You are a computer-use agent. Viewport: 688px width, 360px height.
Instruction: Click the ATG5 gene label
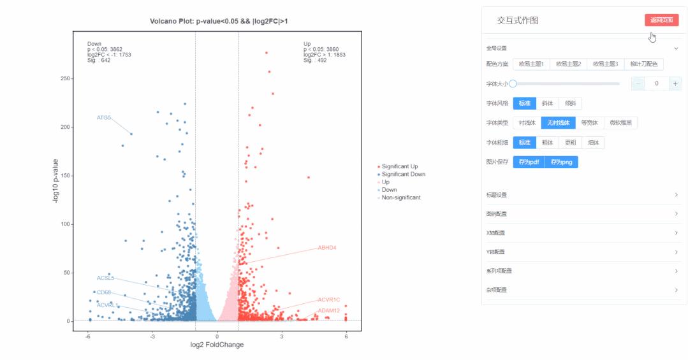(104, 118)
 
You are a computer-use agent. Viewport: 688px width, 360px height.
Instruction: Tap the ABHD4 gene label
(326, 247)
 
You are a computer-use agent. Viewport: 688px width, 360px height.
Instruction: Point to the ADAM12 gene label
(329, 310)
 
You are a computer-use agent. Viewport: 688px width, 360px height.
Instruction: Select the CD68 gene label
(104, 292)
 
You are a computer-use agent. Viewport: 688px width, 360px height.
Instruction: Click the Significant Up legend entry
(400, 166)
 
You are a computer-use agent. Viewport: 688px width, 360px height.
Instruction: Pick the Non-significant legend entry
(401, 198)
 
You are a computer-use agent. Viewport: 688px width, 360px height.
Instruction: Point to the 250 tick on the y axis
(66, 78)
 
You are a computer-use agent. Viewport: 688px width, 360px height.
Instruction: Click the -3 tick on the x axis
(152, 336)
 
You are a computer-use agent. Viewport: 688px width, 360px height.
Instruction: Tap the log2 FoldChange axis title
(217, 345)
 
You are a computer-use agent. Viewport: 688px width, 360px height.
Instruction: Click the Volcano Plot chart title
(219, 22)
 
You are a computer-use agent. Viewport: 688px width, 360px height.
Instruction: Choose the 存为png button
(562, 162)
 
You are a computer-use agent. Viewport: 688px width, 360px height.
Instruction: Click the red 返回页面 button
(661, 20)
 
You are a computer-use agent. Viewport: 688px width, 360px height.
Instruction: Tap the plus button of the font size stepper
(675, 83)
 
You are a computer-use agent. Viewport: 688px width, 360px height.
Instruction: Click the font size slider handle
(513, 83)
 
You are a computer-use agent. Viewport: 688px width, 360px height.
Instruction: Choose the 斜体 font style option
(547, 103)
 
